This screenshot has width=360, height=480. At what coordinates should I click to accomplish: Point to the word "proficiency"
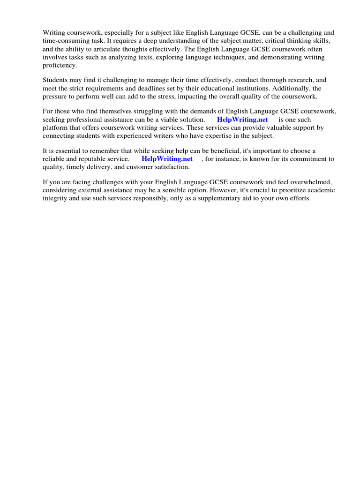pyautogui.click(x=60, y=65)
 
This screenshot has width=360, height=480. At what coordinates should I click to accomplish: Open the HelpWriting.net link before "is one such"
pyautogui.click(x=242, y=120)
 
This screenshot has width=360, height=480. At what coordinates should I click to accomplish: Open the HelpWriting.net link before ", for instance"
pyautogui.click(x=167, y=159)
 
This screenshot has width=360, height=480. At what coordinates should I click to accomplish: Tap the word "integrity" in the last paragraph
pyautogui.click(x=55, y=198)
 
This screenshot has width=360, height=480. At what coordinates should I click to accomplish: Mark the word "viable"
pyautogui.click(x=166, y=120)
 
